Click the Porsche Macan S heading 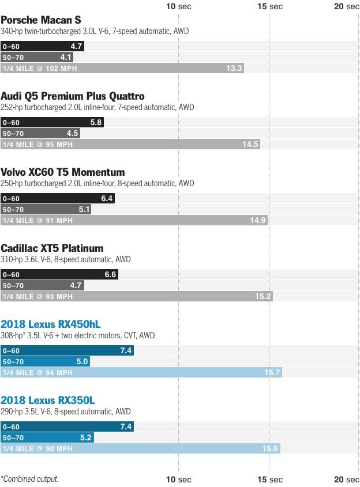coord(40,20)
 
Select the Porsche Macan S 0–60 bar coord(42,46)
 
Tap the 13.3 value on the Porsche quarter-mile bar coord(234,68)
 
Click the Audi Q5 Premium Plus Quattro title coord(72,96)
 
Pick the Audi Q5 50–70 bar coord(40,133)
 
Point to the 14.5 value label coord(250,144)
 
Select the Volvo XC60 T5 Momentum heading coord(63,172)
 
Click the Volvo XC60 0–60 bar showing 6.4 coord(57,198)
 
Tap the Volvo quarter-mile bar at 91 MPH coord(133,220)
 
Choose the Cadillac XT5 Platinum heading coord(52,248)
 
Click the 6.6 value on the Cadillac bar coord(110,275)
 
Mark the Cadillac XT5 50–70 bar coord(42,285)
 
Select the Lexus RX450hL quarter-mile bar coord(141,372)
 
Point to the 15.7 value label coord(272,372)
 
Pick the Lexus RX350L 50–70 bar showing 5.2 coord(47,437)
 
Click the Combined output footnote coord(29,479)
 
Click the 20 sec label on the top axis coord(347,6)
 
